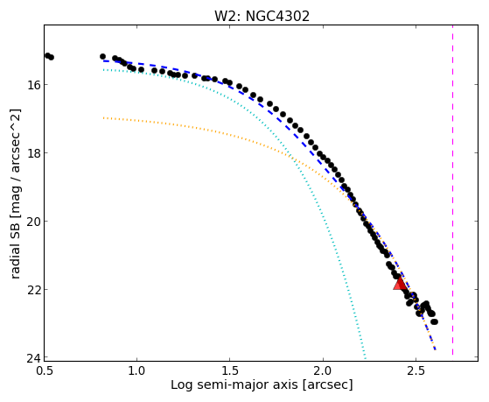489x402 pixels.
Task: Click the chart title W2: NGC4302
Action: pos(262,17)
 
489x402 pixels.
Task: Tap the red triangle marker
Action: pos(400,283)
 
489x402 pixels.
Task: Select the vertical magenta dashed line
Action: pos(452,191)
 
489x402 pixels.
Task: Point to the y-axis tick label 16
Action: pos(32,85)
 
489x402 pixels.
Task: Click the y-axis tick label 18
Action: pos(32,153)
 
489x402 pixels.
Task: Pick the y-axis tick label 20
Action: pos(32,222)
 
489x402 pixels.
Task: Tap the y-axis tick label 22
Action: pos(32,290)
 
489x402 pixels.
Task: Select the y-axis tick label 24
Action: pos(32,358)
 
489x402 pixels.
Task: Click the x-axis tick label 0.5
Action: pos(45,371)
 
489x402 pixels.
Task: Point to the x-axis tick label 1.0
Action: pos(137,371)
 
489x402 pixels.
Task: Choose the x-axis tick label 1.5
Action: pos(230,371)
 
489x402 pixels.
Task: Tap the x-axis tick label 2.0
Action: pos(323,371)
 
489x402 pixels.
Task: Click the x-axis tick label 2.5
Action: pos(416,371)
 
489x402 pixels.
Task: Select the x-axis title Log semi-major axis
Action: pos(234,384)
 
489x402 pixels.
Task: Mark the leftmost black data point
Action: pos(47,55)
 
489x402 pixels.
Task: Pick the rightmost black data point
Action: pos(435,321)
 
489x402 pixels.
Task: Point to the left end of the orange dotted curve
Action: pos(103,118)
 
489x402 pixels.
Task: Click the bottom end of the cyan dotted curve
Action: pos(365,357)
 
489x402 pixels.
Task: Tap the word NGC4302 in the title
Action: pos(277,17)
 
